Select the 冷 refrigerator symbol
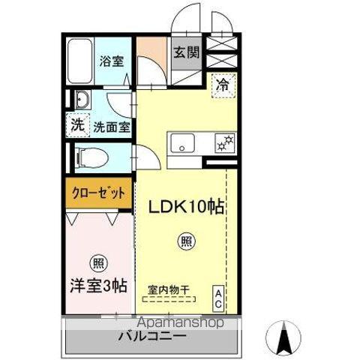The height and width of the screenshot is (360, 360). click(x=223, y=85)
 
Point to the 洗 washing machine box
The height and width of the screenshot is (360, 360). click(x=77, y=126)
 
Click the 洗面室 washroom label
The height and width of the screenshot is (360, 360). click(x=111, y=127)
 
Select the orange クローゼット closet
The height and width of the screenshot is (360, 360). click(x=97, y=193)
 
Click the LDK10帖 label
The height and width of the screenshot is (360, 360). click(x=191, y=208)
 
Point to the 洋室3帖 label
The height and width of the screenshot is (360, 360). click(x=98, y=285)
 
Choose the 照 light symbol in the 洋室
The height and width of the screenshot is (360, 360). click(x=97, y=263)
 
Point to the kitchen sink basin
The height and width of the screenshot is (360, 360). click(x=184, y=142)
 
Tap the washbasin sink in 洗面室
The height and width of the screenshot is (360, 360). click(x=82, y=100)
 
